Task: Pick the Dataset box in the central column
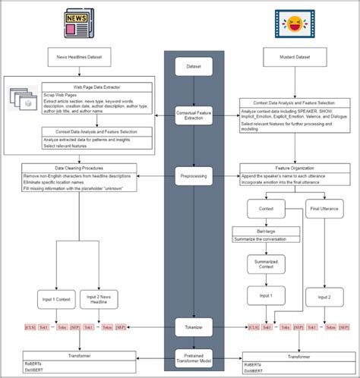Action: click(194, 67)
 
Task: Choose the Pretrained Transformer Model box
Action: click(194, 358)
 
